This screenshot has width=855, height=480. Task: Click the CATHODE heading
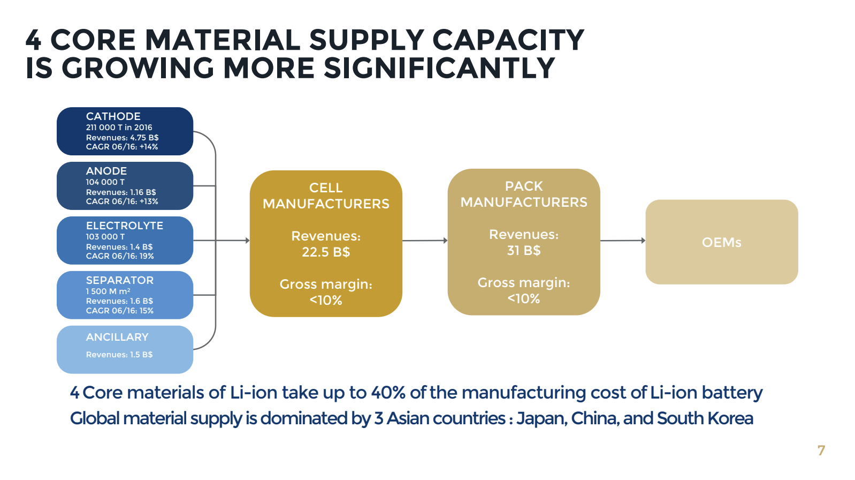coord(113,116)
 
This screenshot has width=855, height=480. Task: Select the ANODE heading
coord(106,171)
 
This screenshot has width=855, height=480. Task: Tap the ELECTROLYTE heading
coord(124,226)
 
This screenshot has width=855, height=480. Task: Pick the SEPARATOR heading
coord(119,280)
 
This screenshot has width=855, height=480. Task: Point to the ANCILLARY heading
coord(117,337)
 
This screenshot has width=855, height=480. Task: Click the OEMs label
coord(721,243)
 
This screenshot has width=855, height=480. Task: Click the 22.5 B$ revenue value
coord(325,252)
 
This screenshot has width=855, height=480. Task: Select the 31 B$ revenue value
coord(523,251)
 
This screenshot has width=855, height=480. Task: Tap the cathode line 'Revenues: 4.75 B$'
coord(122,138)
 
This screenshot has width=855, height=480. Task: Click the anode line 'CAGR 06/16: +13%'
coord(122,201)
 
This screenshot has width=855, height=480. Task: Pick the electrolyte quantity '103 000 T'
coord(105,237)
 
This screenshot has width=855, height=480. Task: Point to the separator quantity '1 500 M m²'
coord(108,291)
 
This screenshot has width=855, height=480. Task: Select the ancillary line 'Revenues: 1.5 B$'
coord(119,355)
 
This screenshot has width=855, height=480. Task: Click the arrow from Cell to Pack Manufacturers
coord(424,241)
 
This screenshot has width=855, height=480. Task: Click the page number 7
coord(821,451)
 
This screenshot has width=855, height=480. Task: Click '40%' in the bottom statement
coord(388,393)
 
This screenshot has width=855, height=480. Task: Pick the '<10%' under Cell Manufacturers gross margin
coord(325,301)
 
